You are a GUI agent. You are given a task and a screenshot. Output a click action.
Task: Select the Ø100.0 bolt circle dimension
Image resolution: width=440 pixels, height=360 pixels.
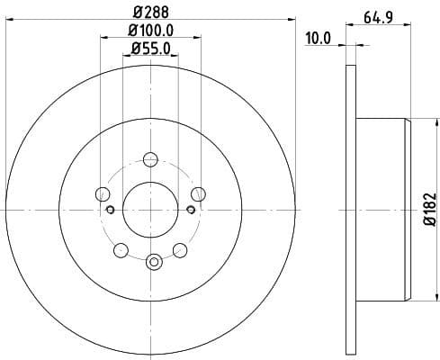150,32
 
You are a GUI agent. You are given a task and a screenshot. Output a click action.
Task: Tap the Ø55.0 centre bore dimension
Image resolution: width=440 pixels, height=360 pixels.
150,49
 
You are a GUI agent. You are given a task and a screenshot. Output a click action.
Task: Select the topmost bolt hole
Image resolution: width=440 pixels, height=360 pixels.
150,159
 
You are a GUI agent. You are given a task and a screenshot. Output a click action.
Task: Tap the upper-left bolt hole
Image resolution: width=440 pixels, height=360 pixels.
103,193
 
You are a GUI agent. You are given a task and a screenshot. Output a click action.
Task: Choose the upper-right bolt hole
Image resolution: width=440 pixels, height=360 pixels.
198,193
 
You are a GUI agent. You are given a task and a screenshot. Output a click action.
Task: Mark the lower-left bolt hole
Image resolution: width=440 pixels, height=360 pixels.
121,248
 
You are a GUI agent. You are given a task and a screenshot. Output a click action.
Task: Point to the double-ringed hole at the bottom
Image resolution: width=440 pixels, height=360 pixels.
153,262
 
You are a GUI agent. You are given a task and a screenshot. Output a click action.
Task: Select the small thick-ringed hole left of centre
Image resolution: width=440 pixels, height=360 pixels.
110,210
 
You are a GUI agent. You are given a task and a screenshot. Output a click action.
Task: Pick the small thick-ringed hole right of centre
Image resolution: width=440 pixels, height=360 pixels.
190,210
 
